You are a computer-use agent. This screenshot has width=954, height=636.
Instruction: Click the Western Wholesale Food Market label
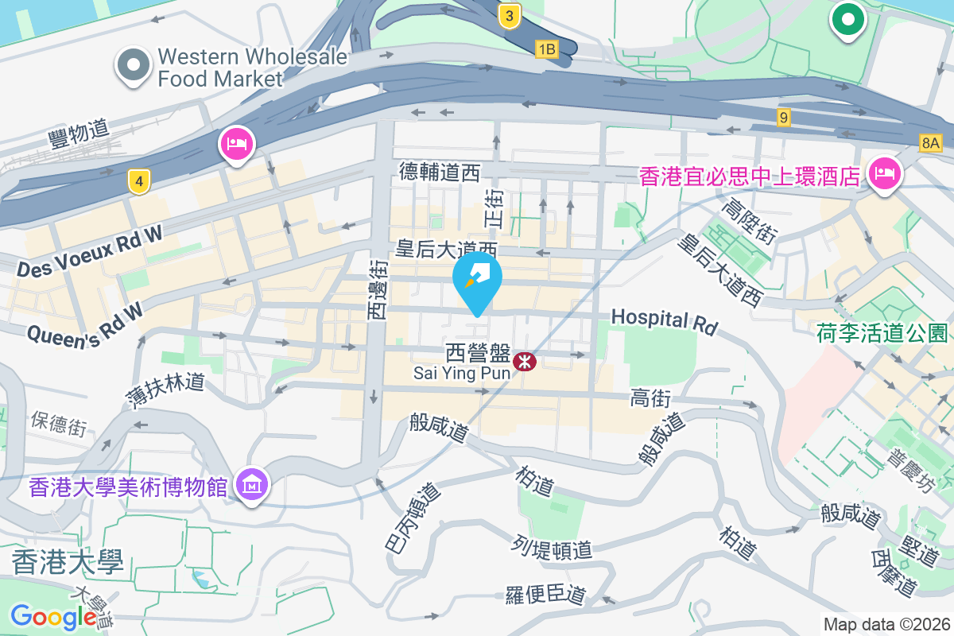pyautogui.click(x=252, y=68)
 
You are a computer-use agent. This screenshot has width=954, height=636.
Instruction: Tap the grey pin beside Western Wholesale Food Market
pyautogui.click(x=134, y=66)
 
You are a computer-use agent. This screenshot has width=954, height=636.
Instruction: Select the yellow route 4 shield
pyautogui.click(x=139, y=182)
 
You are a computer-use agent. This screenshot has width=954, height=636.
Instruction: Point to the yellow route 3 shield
pyautogui.click(x=510, y=15)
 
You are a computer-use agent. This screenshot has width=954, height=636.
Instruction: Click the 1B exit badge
pyautogui.click(x=546, y=50)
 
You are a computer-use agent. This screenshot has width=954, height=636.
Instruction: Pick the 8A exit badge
pyautogui.click(x=930, y=143)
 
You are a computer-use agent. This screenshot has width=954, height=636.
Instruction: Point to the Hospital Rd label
pyautogui.click(x=664, y=320)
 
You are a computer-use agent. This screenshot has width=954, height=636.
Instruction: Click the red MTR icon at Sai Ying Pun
pyautogui.click(x=525, y=362)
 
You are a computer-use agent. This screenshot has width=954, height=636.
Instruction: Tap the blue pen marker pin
pyautogui.click(x=477, y=280)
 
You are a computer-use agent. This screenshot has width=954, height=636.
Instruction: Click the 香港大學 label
pyautogui.click(x=68, y=563)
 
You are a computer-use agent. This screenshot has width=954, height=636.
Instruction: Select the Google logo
pyautogui.click(x=53, y=617)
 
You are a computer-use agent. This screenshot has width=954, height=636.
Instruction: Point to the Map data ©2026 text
pyautogui.click(x=886, y=625)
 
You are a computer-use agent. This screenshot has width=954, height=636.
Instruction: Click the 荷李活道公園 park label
pyautogui.click(x=882, y=332)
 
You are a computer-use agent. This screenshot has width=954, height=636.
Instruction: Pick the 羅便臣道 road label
pyautogui.click(x=545, y=595)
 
